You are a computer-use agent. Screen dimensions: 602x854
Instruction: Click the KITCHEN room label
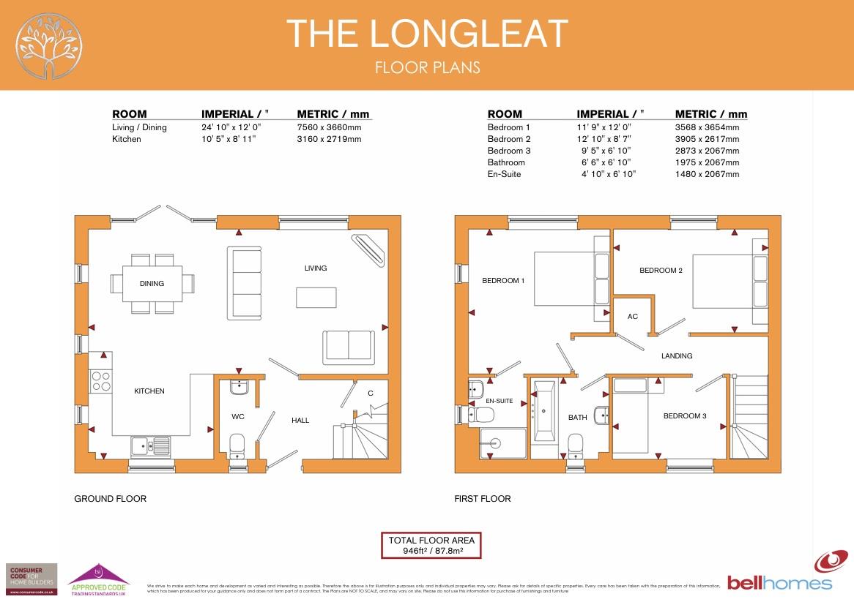tap(149, 391)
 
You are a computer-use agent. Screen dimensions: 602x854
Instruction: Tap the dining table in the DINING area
tap(153, 284)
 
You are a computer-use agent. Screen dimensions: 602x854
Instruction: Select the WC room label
tap(237, 417)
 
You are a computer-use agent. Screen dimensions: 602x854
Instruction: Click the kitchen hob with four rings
tap(100, 381)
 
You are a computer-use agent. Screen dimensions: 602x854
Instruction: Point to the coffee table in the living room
tap(316, 297)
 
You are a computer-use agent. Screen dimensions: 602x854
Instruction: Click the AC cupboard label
tap(633, 317)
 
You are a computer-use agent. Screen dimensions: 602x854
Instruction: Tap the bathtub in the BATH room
tap(543, 411)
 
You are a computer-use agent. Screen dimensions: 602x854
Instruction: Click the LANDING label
tap(676, 356)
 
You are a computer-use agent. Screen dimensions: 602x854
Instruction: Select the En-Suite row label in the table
tap(504, 174)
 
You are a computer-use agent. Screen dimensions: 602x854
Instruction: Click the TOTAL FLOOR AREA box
tap(431, 546)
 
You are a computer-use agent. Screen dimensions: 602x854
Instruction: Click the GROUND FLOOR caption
tap(110, 499)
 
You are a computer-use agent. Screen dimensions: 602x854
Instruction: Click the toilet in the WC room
tap(237, 445)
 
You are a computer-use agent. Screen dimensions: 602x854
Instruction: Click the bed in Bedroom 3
tap(631, 415)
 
